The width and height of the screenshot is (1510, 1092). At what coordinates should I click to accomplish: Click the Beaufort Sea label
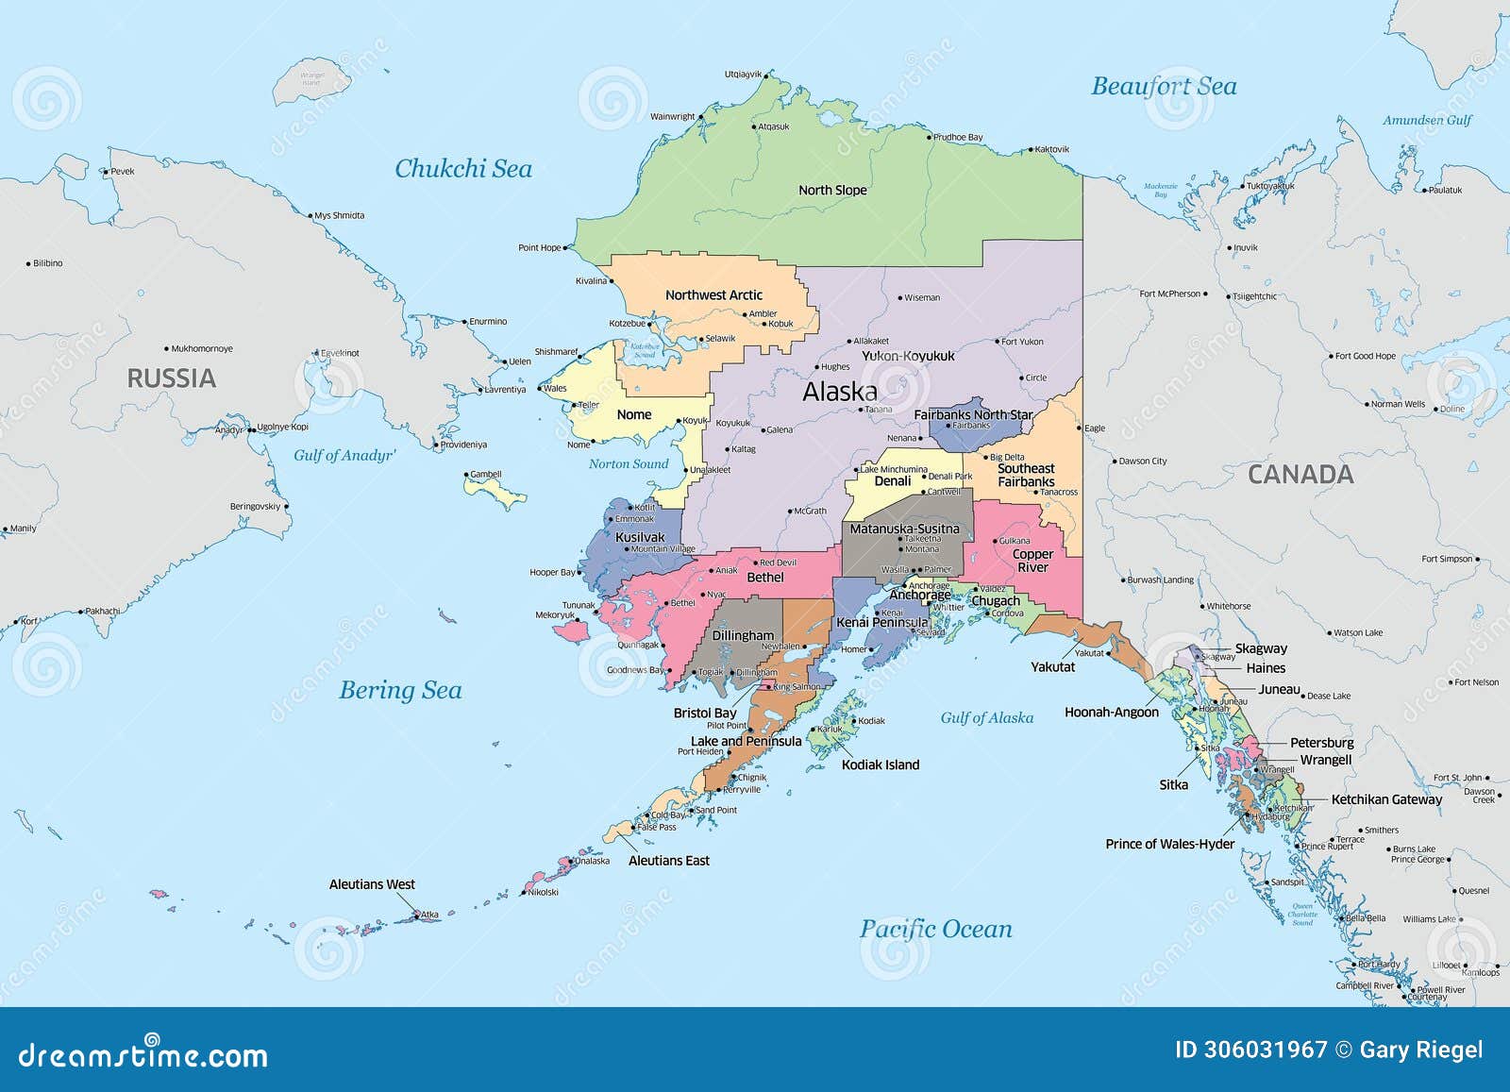1163,87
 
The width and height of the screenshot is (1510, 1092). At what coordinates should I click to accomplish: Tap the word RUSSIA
172,378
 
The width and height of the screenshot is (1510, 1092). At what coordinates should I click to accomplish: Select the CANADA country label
1300,475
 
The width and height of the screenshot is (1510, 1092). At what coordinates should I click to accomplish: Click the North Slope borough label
832,191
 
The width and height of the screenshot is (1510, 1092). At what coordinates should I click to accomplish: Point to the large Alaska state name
839,392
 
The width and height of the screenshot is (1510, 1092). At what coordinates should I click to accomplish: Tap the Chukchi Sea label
462,169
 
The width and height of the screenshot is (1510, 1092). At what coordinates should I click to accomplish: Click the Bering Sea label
400,690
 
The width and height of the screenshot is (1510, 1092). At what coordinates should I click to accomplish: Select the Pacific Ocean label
935,930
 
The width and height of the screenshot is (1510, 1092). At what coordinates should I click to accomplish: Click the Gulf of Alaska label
986,718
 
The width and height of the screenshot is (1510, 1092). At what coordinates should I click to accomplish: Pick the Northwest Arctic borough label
713,295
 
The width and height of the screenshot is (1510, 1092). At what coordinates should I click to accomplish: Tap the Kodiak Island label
880,765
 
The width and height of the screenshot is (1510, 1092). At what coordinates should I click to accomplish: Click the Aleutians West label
372,884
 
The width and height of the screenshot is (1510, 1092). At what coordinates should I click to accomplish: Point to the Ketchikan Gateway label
1386,799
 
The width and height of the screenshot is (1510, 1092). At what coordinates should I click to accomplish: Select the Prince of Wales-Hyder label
1169,844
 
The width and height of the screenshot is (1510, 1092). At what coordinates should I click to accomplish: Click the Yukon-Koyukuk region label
908,357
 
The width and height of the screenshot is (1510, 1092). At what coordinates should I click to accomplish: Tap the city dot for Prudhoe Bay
931,138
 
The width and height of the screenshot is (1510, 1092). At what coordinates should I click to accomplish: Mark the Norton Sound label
628,464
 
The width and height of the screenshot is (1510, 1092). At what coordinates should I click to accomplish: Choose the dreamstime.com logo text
143,1054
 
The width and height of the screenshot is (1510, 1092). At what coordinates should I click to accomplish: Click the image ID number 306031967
1266,1050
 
